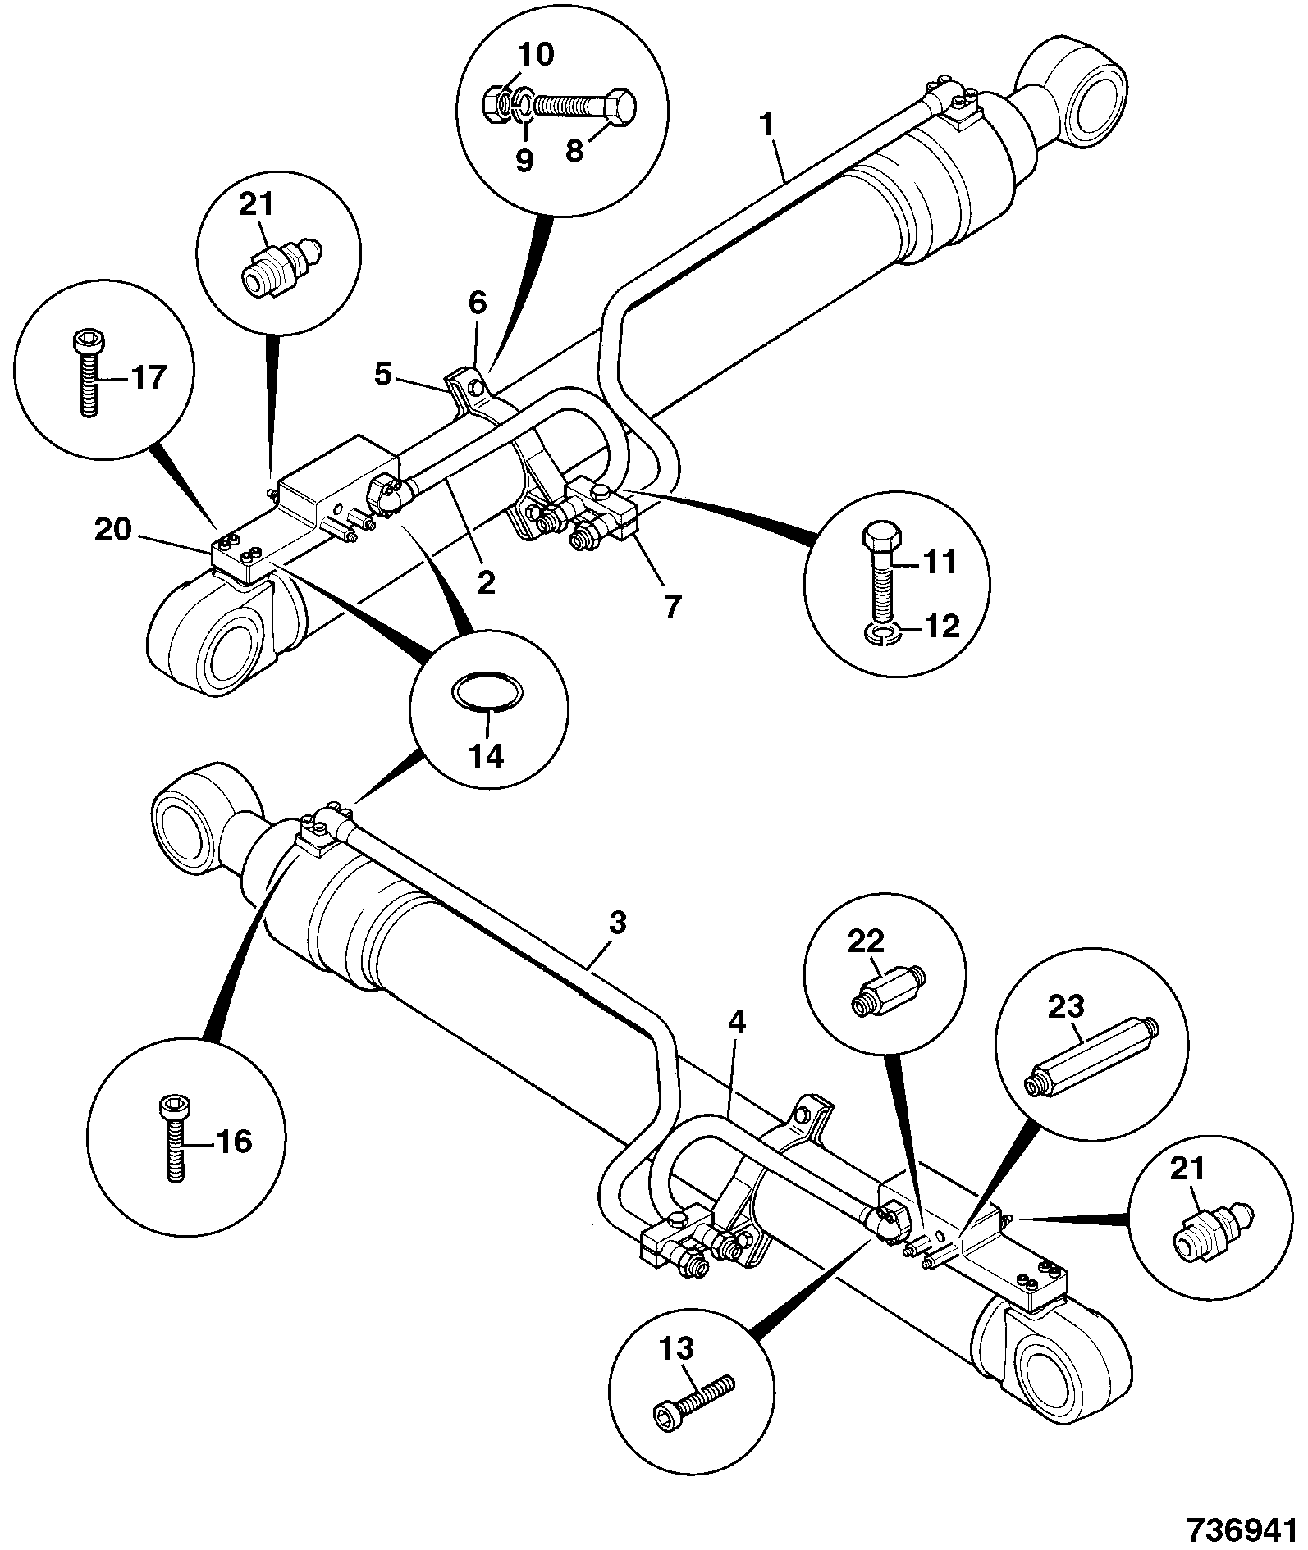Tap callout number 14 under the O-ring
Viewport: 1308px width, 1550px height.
[487, 754]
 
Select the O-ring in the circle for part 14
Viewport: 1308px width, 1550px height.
[487, 691]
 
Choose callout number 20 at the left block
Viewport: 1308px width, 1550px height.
[113, 530]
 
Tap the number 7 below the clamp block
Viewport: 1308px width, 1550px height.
[671, 608]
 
